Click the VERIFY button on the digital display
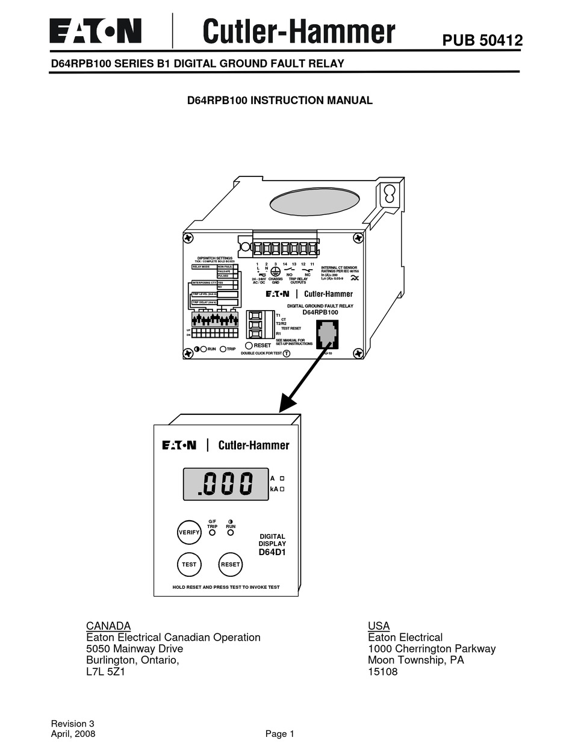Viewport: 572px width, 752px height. click(x=189, y=532)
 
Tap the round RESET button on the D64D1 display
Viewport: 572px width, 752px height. click(x=230, y=565)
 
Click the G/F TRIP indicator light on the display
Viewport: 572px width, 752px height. click(x=212, y=533)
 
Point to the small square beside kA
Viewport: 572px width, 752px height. click(x=282, y=489)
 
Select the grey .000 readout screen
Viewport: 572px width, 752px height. click(x=226, y=483)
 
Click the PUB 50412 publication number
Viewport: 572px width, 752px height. click(x=482, y=40)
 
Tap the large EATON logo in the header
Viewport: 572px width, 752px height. click(x=95, y=31)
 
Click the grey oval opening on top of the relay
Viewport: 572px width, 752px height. click(x=314, y=201)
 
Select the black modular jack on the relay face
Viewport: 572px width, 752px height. click(x=328, y=334)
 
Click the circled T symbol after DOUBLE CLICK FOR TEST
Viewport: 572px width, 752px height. click(x=287, y=353)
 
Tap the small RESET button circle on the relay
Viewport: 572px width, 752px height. click(x=249, y=346)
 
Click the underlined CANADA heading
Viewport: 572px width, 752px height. click(x=108, y=626)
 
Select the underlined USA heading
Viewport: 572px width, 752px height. click(x=379, y=626)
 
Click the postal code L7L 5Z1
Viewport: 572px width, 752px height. click(x=105, y=671)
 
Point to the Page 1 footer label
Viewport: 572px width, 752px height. click(x=279, y=733)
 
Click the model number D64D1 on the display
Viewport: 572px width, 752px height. click(x=272, y=552)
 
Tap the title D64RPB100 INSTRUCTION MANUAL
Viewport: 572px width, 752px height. click(x=280, y=101)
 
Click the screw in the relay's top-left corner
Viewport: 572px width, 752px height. click(x=189, y=238)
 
